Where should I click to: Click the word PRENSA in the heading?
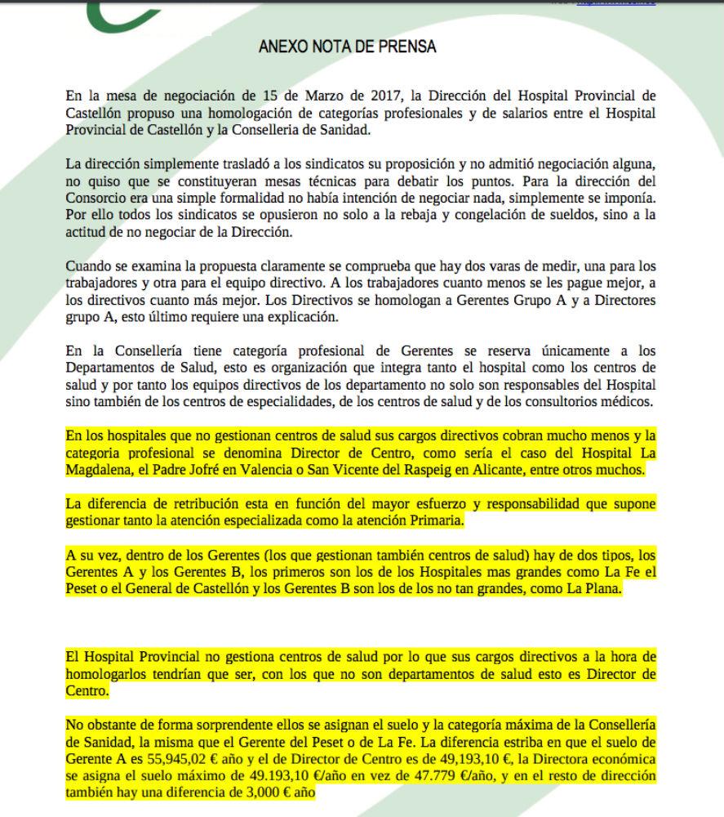pyautogui.click(x=406, y=46)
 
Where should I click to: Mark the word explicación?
pyautogui.click(x=292, y=317)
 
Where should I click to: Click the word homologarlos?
pyautogui.click(x=106, y=674)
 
